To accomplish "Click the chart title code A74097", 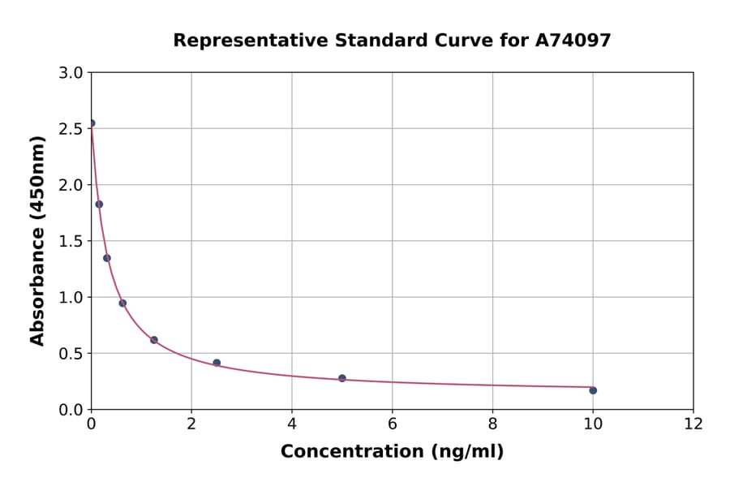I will [574, 40].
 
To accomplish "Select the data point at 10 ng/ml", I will [593, 390].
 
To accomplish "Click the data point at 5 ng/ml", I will [342, 378].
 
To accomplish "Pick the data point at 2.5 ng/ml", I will [217, 363].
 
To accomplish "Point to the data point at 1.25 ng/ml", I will [154, 340].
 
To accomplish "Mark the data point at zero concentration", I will [92, 123].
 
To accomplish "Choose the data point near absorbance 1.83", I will [99, 204].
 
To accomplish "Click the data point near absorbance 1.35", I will [107, 258].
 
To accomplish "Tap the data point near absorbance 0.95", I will [122, 303].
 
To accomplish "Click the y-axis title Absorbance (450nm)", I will [37, 240].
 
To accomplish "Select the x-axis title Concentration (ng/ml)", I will [392, 452].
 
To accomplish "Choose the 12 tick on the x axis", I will [693, 424].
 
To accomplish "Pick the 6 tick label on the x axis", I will [392, 424].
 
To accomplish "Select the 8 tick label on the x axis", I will [492, 424].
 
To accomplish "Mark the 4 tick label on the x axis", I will [292, 424].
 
